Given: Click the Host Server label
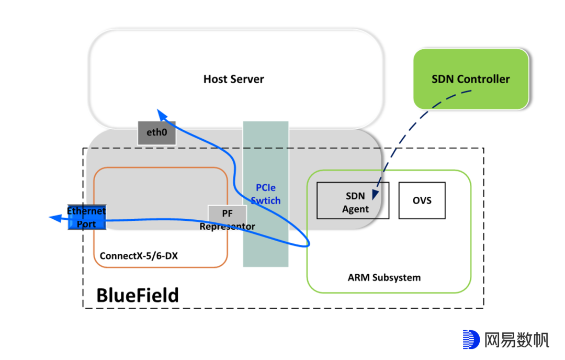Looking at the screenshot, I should click(233, 80).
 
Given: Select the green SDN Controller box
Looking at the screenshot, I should click(470, 79).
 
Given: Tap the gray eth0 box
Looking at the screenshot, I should click(156, 133).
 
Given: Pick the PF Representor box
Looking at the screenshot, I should click(227, 214).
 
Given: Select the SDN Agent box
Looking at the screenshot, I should click(353, 200).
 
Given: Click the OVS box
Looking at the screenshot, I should click(422, 200).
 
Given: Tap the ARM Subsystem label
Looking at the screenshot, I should click(384, 277).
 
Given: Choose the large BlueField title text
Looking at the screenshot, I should click(137, 295).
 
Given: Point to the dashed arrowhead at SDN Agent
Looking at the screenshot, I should click(375, 194).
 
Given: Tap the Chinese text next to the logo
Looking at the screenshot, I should click(516, 340).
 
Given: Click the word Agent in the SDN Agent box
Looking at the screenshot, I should click(355, 209).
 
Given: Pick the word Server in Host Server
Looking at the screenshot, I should click(248, 80).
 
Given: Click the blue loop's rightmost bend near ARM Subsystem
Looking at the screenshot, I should click(309, 242).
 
